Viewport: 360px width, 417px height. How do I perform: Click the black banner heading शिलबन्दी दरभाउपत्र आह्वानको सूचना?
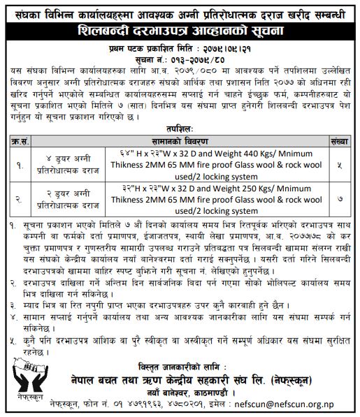pos(180,34)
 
